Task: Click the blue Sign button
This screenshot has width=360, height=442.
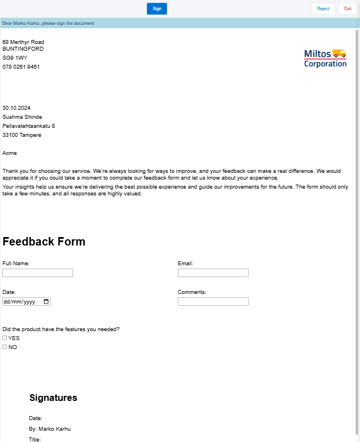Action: click(x=156, y=8)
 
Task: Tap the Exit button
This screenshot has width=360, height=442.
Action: click(x=348, y=8)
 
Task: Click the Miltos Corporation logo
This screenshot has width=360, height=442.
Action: click(x=325, y=58)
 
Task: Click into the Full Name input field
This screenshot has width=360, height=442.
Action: click(x=38, y=273)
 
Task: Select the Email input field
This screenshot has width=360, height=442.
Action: click(x=213, y=273)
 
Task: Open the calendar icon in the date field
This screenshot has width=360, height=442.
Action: click(x=46, y=301)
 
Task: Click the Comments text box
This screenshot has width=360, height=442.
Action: click(x=213, y=301)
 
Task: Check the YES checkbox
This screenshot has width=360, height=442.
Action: click(x=4, y=338)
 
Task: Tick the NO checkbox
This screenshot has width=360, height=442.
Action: click(x=4, y=347)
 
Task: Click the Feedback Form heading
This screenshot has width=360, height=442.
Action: click(x=44, y=242)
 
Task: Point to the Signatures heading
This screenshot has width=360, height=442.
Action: click(x=53, y=398)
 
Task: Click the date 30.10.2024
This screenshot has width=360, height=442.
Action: click(x=16, y=108)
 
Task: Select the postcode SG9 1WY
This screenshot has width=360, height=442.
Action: click(x=15, y=57)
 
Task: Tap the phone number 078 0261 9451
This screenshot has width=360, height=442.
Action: click(x=21, y=66)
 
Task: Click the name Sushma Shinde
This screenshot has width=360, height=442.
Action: click(x=22, y=117)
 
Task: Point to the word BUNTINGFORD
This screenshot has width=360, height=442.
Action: click(x=23, y=48)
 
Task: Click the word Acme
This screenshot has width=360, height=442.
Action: click(x=10, y=153)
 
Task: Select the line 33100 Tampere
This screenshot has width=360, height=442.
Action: click(x=21, y=135)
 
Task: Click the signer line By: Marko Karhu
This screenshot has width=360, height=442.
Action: click(x=49, y=428)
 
